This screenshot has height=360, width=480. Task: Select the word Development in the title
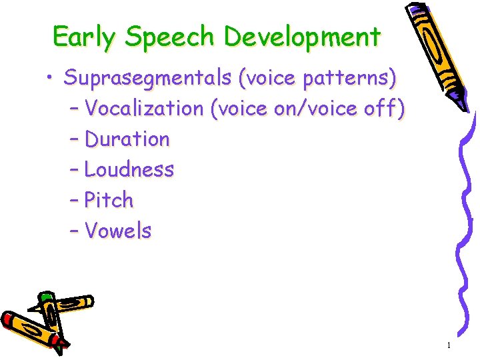302,37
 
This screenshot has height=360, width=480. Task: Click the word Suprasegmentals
146,78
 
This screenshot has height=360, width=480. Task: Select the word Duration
127,139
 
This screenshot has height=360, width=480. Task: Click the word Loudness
129,170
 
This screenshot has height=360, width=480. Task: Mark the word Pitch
109,201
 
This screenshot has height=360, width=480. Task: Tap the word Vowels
119,231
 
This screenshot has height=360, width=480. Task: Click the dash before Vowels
74,232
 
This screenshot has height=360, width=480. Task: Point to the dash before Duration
74,140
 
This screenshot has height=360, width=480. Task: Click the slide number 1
449,345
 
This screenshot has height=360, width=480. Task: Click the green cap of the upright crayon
45,296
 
